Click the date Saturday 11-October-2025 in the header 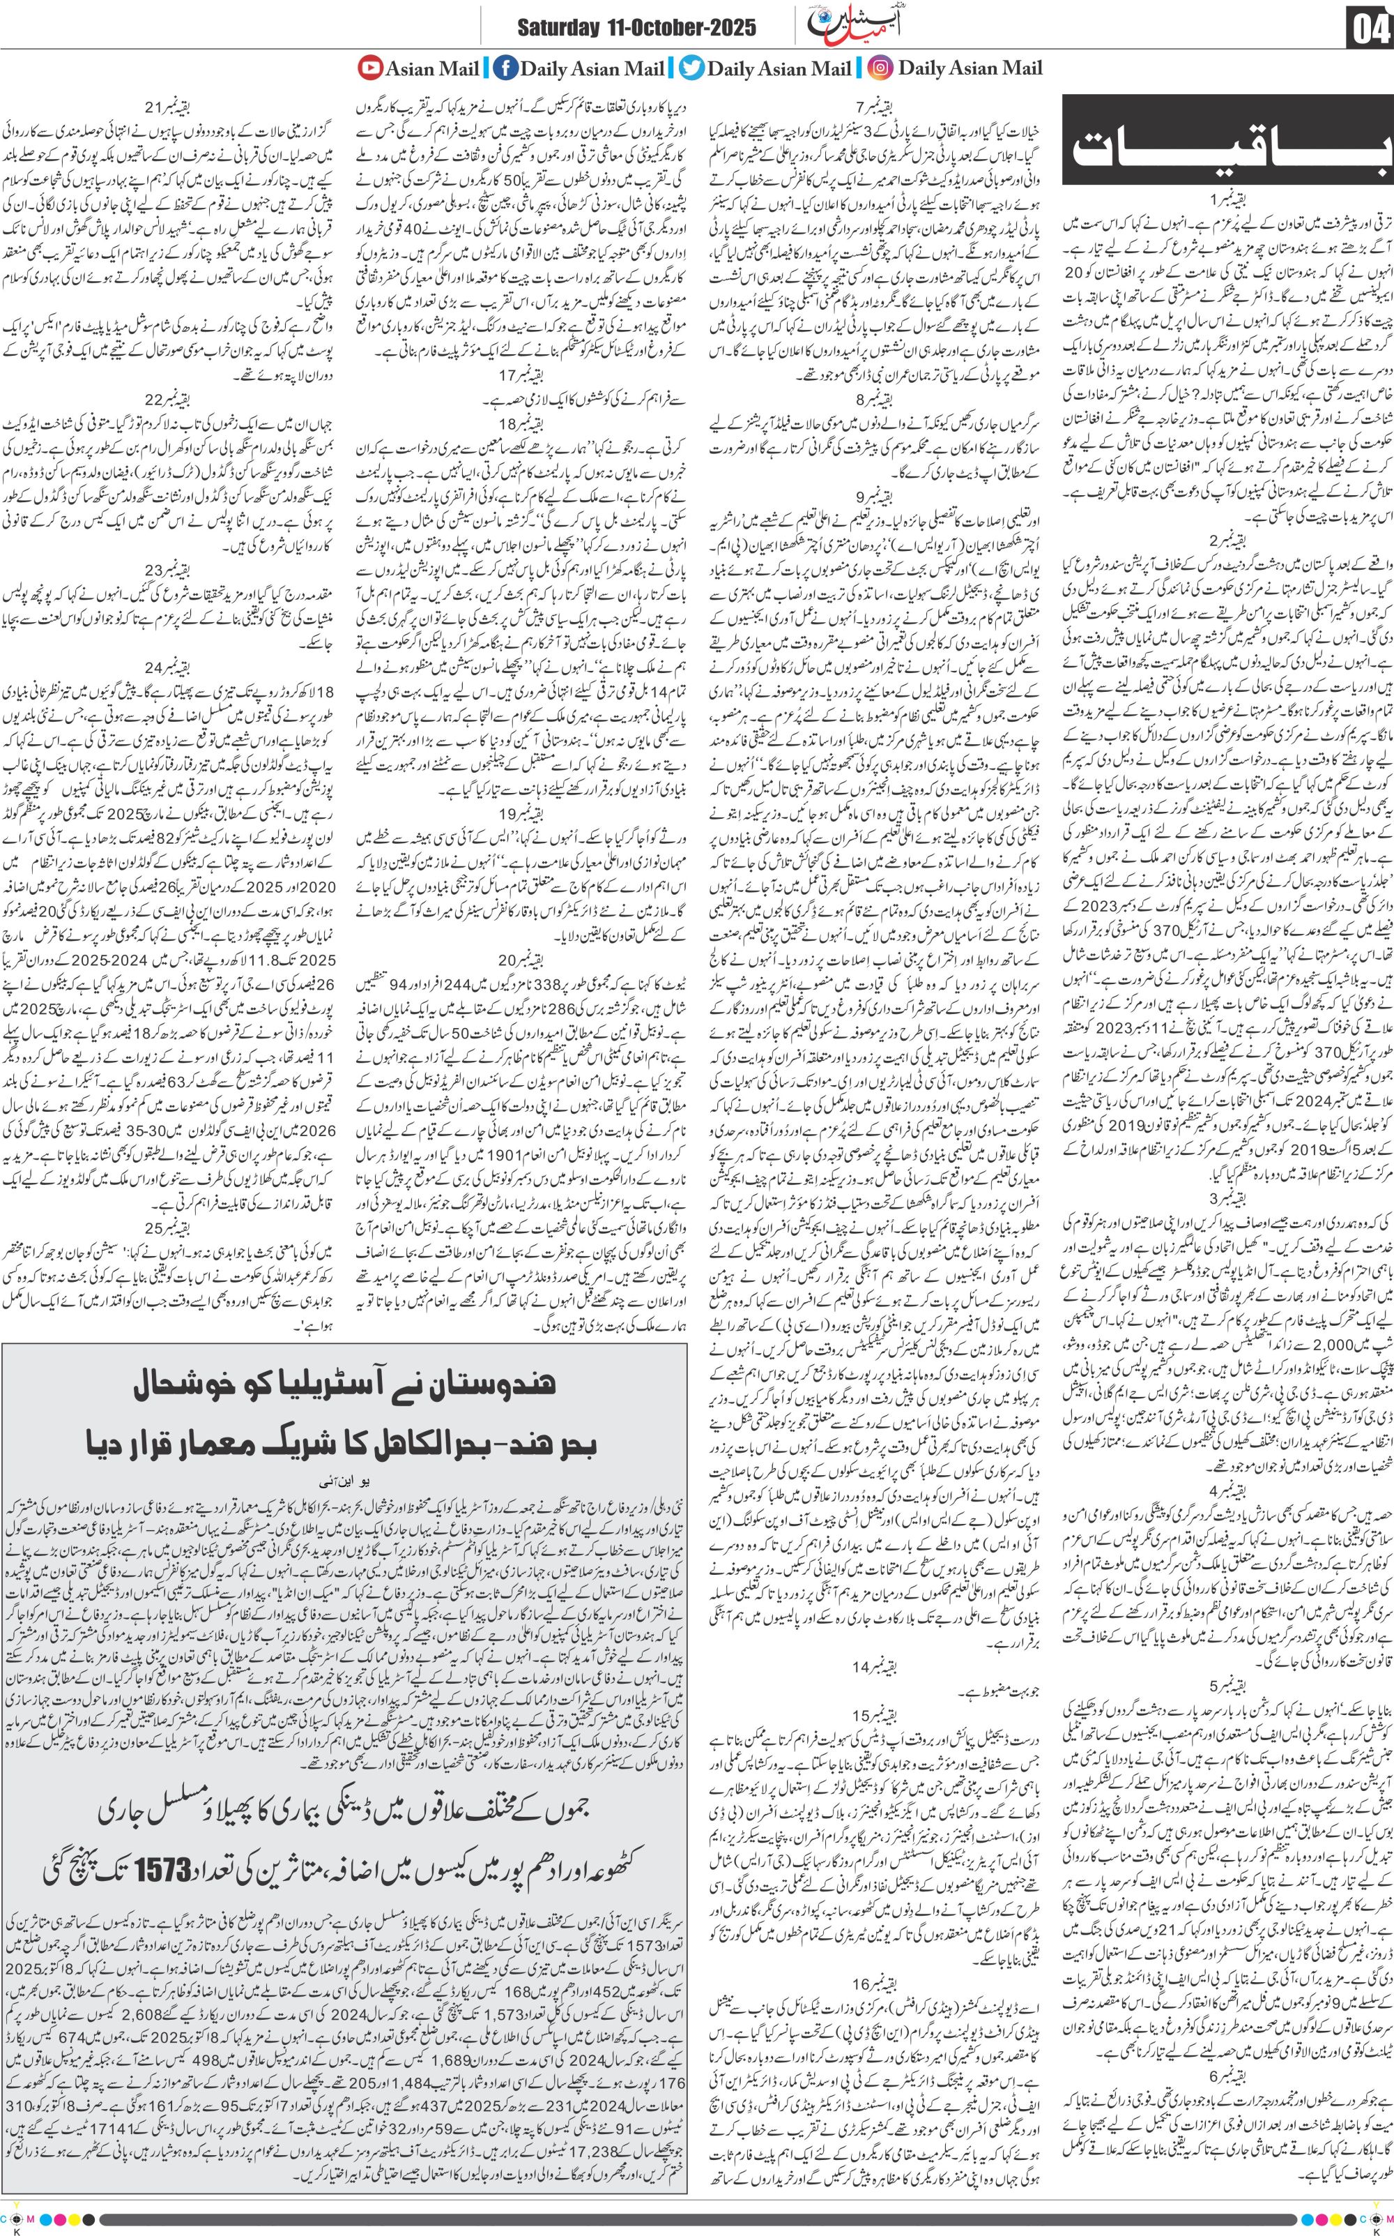(636, 28)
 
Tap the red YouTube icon (369, 68)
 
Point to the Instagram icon (882, 68)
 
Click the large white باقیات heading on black (1226, 146)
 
